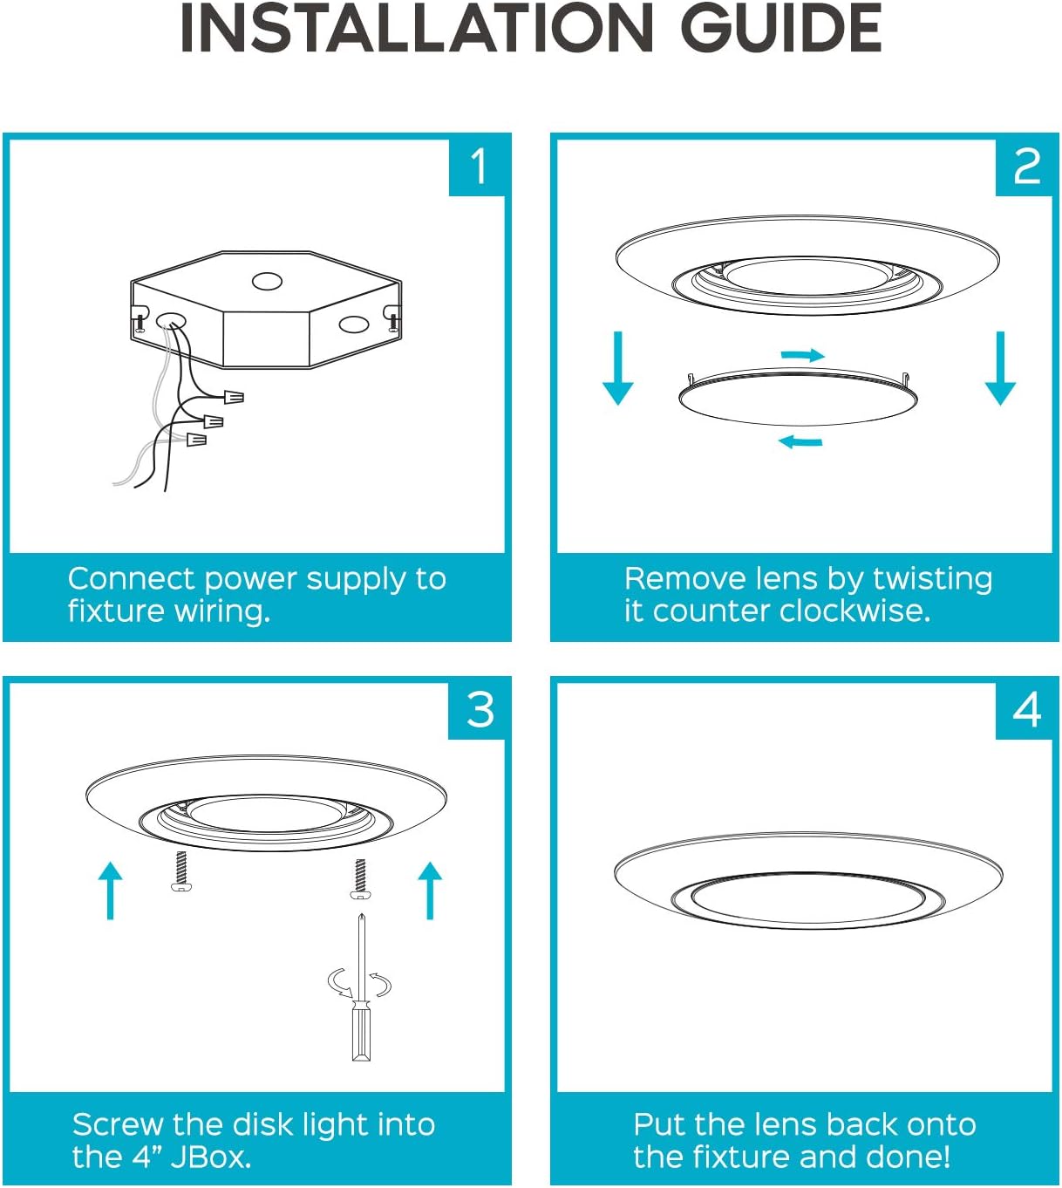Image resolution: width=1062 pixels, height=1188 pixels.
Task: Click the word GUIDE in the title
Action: point(780,29)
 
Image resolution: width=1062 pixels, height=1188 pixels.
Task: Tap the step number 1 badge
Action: point(478,166)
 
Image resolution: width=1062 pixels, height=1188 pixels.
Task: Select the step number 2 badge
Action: point(1026,166)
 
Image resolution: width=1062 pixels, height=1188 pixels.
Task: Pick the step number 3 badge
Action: point(480,710)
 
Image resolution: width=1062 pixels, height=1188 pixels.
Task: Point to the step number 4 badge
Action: point(1026,710)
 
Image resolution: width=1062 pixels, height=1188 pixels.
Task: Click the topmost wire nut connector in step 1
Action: point(233,398)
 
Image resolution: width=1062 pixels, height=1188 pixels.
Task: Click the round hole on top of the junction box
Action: point(267,281)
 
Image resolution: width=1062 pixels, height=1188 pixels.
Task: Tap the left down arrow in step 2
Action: point(618,367)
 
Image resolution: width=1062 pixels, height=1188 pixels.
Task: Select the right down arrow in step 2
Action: point(1000,367)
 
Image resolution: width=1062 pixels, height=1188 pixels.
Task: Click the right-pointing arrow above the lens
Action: point(803,355)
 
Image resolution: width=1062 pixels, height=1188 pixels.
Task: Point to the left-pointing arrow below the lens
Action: point(800,441)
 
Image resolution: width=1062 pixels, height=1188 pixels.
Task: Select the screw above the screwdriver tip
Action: point(359,878)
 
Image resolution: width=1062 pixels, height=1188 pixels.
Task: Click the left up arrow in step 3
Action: point(110,890)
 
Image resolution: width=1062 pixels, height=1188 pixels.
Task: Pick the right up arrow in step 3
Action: point(430,890)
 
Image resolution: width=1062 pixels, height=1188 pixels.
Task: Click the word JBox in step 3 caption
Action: point(210,1157)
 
